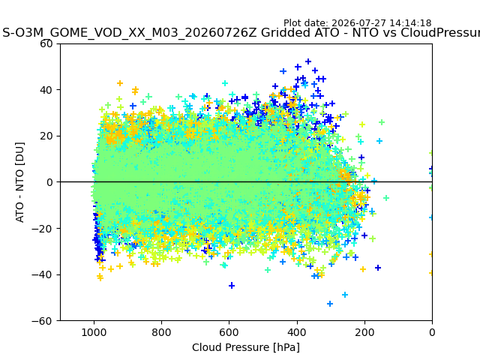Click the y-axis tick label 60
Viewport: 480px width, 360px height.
coord(46,43)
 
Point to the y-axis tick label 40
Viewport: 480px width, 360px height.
coord(46,90)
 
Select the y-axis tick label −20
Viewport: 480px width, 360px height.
coord(42,228)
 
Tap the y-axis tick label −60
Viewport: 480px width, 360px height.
coord(42,321)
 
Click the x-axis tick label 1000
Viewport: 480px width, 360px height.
coord(94,332)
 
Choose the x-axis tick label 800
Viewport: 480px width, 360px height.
coord(162,332)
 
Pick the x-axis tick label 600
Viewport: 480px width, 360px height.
coord(229,332)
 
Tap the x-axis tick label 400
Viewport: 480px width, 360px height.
coord(297,332)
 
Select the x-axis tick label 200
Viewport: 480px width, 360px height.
coord(364,332)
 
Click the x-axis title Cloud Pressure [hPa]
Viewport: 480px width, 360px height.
coord(246,347)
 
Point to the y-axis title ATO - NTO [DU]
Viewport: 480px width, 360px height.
coord(19,182)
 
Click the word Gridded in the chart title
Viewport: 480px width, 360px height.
coord(286,32)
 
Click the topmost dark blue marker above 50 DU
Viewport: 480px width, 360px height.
coord(308,61)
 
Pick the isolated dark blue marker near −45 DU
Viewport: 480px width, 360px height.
coord(232,286)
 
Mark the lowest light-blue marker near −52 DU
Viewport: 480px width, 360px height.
coord(330,304)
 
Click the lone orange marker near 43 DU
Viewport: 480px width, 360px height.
coord(120,83)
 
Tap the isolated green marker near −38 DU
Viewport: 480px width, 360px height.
coord(268,270)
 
